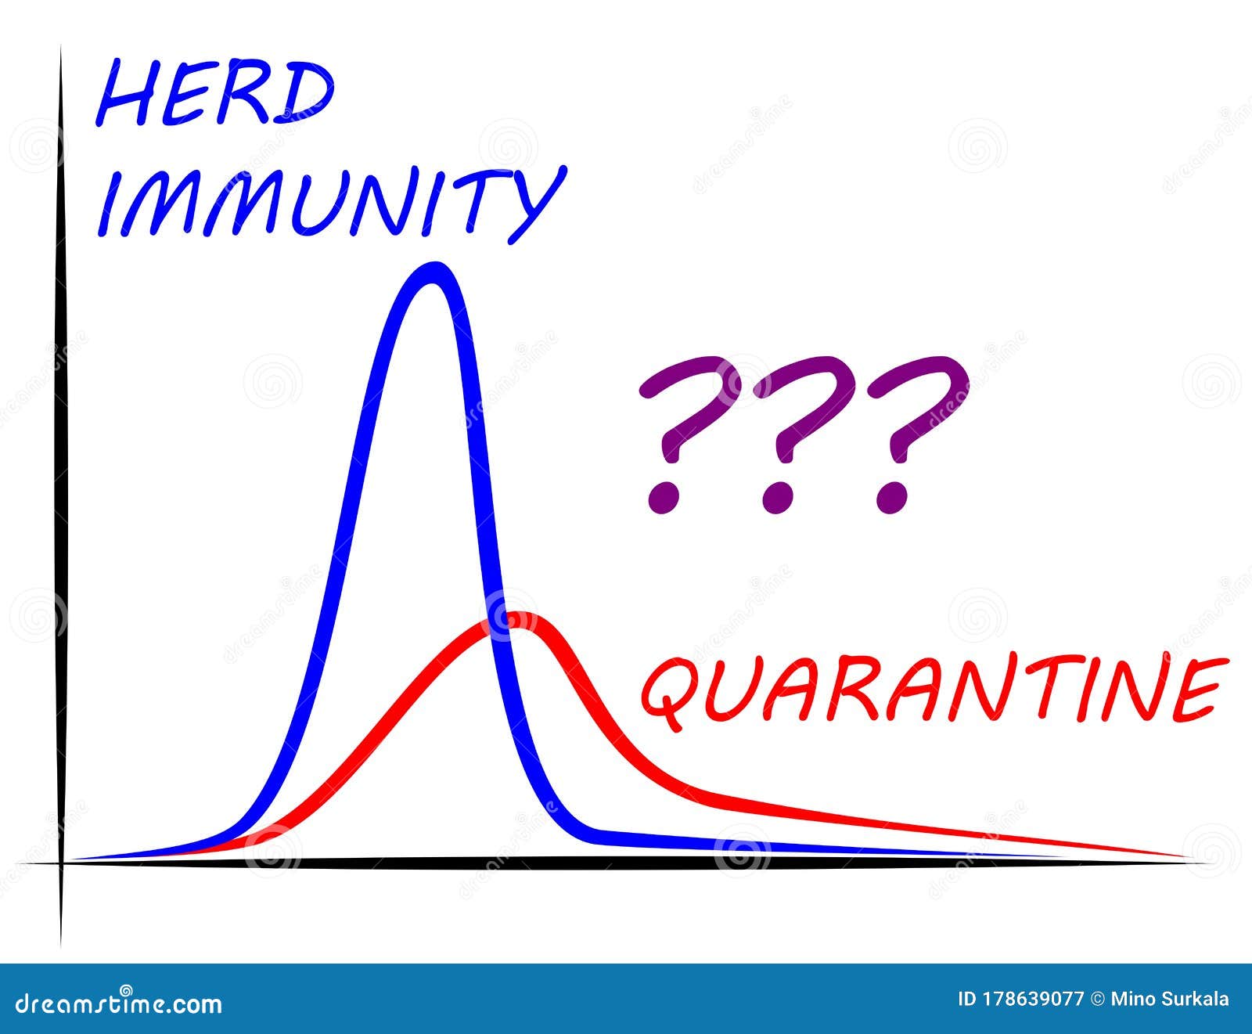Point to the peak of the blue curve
click(431, 270)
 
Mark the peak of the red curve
click(518, 619)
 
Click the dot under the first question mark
click(664, 498)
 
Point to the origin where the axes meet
click(60, 863)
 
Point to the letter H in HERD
click(125, 96)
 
